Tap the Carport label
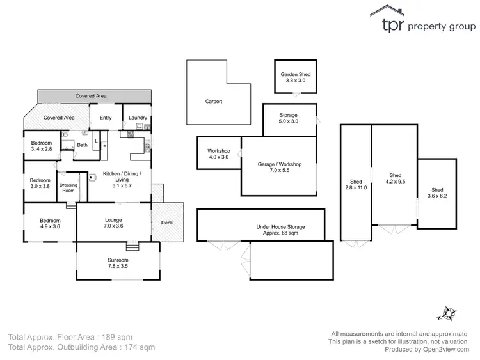(x=213, y=101)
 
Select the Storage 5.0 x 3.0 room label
(x=288, y=119)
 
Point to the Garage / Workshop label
(x=279, y=168)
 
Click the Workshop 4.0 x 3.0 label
(x=218, y=154)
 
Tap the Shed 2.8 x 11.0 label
(x=356, y=185)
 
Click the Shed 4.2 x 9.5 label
(x=395, y=178)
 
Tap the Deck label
(x=167, y=223)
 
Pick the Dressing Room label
(x=68, y=188)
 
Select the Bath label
(x=82, y=145)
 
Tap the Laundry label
(x=138, y=118)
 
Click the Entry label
(x=105, y=118)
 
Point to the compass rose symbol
(x=446, y=313)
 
